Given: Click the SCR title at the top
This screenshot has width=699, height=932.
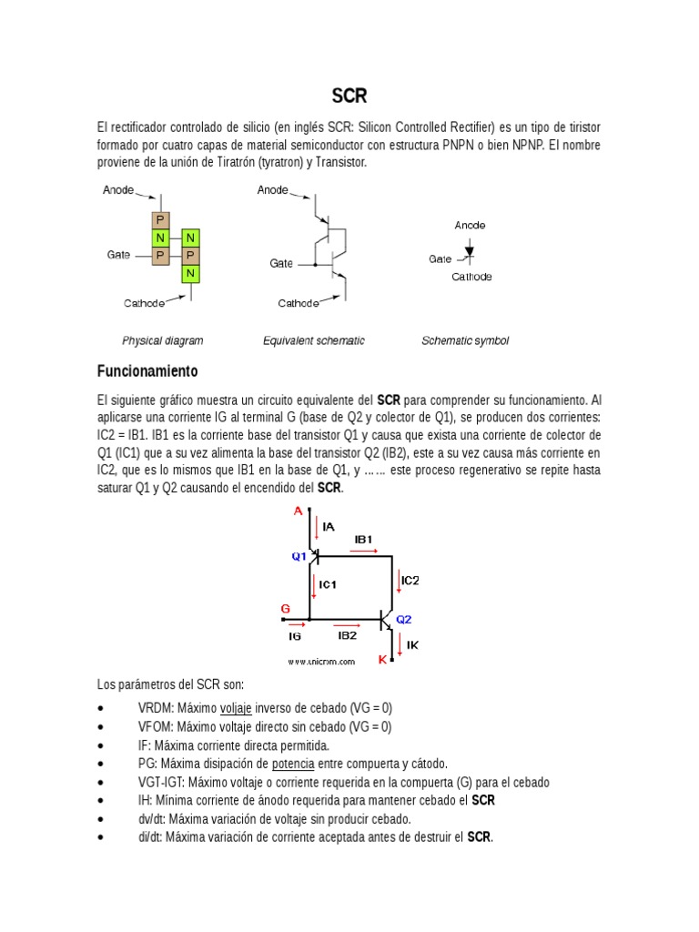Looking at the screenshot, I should pos(349,96).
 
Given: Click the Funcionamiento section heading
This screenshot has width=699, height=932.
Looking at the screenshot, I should pos(147,372).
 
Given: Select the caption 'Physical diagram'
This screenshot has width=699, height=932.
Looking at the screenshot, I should pos(163,340).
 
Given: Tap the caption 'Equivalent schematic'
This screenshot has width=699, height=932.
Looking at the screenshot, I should pos(313,340).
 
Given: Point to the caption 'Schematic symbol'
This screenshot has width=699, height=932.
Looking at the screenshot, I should pos(464,340).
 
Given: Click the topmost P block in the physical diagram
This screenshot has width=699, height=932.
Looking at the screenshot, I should pos(160,220).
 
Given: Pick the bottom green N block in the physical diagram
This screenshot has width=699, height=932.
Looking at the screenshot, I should pos(189,273).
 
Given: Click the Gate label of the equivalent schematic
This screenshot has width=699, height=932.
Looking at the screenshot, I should pos(281,263).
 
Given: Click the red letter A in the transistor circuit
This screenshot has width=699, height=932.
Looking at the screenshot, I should pos(297,512).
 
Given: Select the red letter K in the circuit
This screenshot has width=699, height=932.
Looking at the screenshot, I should pos(382,658).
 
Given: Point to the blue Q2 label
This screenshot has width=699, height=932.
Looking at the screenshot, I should pos(403,619).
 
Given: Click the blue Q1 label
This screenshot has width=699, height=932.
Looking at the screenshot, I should pos(299,557).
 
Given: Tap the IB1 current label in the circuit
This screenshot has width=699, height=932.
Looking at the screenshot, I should pos(363,540).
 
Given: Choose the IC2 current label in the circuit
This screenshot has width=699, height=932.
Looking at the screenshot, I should pos(410,580).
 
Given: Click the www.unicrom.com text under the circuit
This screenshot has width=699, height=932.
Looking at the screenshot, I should pos(321,663).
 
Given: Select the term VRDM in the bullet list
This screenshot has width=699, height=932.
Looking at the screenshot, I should pos(156,708).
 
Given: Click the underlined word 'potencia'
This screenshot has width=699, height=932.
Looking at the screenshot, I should pos(293,764).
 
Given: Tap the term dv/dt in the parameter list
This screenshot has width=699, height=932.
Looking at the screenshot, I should pos(150,819).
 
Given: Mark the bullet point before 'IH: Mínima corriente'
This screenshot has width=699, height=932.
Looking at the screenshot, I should pos(99,801).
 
